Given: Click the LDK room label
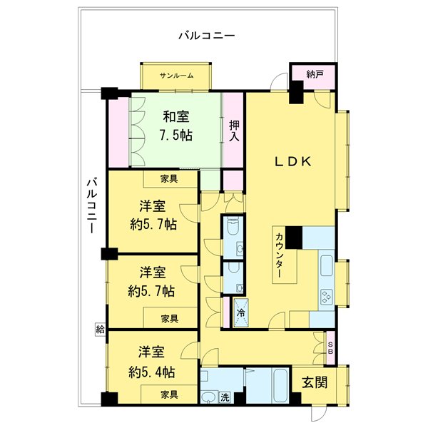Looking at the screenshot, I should click(x=293, y=162).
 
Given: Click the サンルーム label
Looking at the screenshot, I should click(x=176, y=75).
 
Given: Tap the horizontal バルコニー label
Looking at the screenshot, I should click(x=207, y=34).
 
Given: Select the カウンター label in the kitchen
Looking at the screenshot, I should click(x=280, y=255).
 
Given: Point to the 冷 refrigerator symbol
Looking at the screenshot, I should click(x=240, y=312).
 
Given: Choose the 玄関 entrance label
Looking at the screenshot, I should click(x=314, y=382).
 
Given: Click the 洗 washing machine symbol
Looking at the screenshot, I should click(x=224, y=397).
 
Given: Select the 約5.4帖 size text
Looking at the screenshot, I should click(x=152, y=372).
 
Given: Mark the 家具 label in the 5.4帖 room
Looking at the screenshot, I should click(x=169, y=394).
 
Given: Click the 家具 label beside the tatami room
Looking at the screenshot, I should click(x=169, y=178).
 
